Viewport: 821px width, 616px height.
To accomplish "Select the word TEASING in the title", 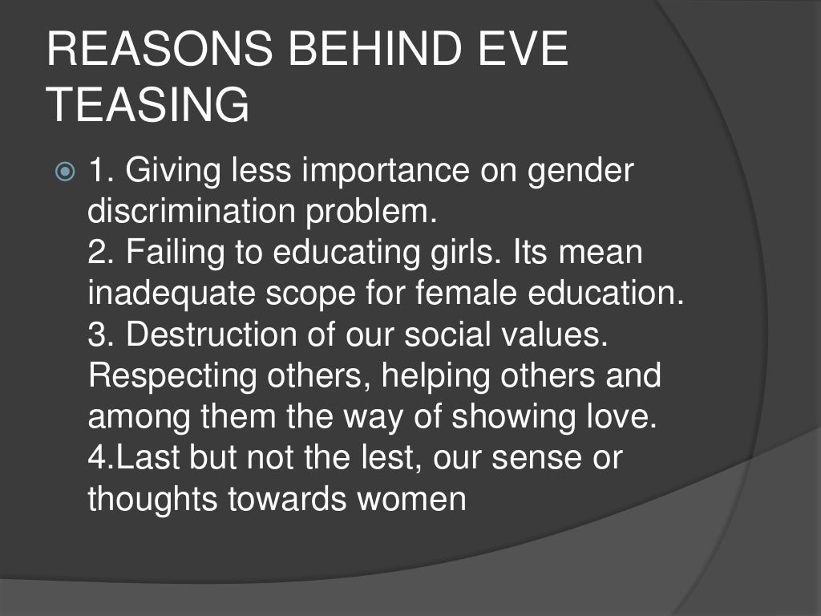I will [x=148, y=106].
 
